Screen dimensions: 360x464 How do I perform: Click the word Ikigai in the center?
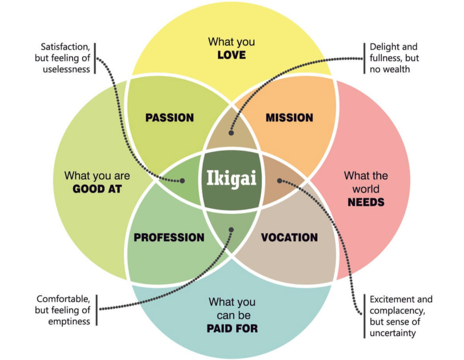coord(231,178)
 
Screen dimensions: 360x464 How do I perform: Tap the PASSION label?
coord(169,118)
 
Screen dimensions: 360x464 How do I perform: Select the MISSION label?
coord(289,118)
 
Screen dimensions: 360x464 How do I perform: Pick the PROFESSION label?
coord(169,237)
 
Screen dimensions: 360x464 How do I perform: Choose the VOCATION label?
coord(289,237)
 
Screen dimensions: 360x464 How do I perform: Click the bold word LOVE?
coord(232,55)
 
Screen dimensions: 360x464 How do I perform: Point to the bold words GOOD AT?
coord(97,189)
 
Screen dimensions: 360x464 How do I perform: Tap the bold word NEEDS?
coord(366,202)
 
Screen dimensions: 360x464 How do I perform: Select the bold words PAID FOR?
coord(232,328)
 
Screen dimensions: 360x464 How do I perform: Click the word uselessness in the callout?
coord(66,69)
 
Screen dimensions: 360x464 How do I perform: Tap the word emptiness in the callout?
coord(69,321)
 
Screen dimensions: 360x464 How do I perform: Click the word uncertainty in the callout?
coord(393,333)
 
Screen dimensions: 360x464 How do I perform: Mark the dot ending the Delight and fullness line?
coord(231,133)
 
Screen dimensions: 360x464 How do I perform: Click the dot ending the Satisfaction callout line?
coord(182,181)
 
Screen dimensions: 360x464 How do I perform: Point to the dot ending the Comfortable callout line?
coord(231,230)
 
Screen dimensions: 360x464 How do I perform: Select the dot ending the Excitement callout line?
coord(279,181)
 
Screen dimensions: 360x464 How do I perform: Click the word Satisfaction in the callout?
coord(65,47)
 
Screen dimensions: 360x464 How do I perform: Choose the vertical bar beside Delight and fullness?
coord(364,58)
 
